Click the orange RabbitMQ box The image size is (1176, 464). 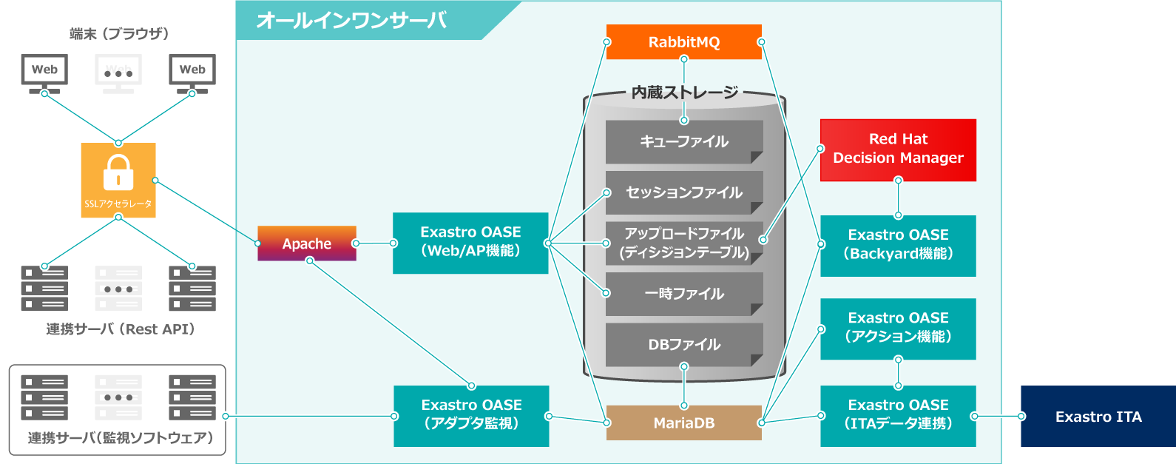point(683,42)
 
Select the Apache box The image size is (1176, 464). point(306,243)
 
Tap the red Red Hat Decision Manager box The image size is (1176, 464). point(898,149)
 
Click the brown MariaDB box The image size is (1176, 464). point(683,423)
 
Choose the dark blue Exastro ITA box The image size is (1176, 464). point(1098,417)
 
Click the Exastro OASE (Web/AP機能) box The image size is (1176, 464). point(470,243)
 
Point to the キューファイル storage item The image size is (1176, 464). point(683,141)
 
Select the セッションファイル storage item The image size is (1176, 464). point(683,192)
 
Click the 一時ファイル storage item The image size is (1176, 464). point(683,294)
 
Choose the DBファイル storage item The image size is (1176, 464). point(683,344)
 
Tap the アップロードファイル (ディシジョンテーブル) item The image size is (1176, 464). point(683,243)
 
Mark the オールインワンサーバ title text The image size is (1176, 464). point(351,20)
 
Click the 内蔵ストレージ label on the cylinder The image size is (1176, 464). point(684,93)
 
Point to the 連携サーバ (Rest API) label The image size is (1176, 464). point(120,329)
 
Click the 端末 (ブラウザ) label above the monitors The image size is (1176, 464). point(118,33)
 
